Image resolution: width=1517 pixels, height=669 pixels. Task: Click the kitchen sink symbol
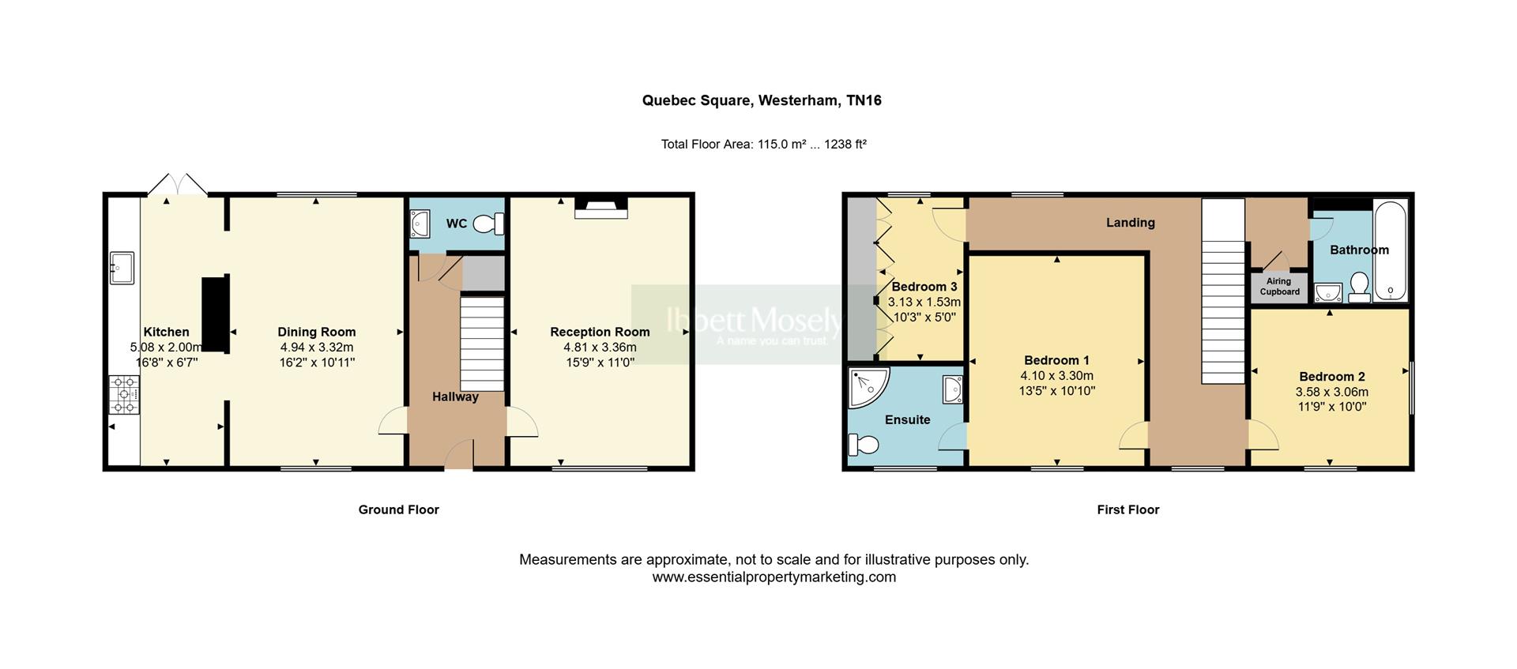(122, 268)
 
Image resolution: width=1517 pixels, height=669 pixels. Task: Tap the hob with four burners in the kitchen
(124, 394)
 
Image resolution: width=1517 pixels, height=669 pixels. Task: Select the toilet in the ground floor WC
(488, 224)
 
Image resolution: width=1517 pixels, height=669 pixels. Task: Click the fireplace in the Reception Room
(600, 208)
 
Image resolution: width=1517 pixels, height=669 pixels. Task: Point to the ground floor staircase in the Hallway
(482, 343)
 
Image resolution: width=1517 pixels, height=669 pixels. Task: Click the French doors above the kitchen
(178, 185)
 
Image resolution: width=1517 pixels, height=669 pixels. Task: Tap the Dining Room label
(316, 332)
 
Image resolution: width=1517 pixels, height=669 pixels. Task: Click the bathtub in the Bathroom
(1390, 250)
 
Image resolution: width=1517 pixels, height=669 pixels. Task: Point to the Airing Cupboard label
(1279, 287)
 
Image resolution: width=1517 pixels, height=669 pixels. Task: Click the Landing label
(1130, 223)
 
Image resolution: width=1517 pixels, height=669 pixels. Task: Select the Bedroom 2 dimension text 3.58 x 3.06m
(1331, 392)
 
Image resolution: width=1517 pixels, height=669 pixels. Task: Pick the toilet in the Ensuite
(863, 445)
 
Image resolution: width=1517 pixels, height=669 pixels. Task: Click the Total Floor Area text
(763, 145)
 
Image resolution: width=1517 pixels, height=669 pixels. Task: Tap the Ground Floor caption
(398, 509)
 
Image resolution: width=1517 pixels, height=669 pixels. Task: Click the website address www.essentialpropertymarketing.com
(774, 577)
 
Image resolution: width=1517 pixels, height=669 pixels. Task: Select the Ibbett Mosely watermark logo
(755, 324)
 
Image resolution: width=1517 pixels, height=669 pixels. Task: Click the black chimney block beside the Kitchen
(215, 314)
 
